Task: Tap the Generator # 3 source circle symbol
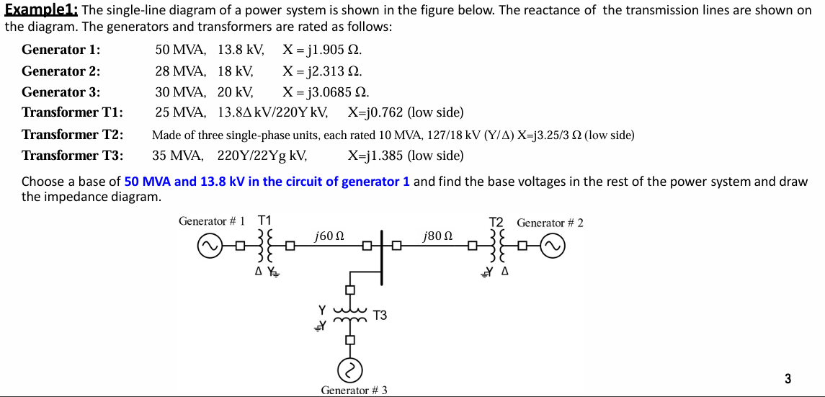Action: [351, 370]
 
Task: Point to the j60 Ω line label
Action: [329, 236]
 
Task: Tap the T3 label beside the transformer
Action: [380, 315]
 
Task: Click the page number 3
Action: [788, 378]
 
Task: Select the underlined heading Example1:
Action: [43, 10]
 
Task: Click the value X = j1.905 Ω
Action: [322, 50]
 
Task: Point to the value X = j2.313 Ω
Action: [322, 71]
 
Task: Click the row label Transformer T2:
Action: [72, 135]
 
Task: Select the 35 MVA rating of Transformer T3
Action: [177, 156]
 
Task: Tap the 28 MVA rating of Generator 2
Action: [179, 71]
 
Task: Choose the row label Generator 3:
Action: [61, 92]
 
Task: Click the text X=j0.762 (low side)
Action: [405, 113]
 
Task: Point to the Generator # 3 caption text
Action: [354, 390]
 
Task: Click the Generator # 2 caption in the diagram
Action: [550, 223]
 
